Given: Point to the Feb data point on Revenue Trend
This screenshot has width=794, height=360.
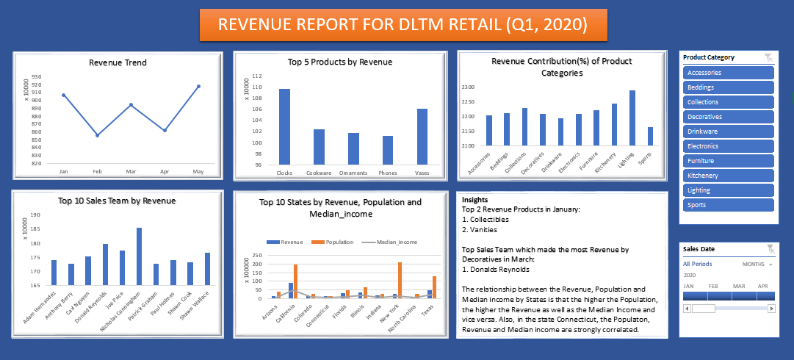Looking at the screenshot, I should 97,135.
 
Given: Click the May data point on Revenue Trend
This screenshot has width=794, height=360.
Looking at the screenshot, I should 198,87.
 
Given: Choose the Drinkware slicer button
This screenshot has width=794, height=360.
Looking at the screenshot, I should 728,132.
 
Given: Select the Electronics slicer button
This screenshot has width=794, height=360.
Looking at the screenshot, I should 728,146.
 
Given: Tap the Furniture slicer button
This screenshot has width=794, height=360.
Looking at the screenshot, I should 728,161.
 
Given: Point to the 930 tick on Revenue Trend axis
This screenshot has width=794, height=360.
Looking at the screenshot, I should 36,76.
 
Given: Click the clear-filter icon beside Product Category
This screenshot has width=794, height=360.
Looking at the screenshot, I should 768,57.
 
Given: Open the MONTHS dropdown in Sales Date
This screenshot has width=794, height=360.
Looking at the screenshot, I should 757,264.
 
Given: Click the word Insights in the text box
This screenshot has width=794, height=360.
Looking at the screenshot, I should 474,199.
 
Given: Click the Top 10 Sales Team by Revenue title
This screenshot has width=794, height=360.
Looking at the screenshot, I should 118,200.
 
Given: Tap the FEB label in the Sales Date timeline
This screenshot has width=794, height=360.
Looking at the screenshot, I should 712,285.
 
